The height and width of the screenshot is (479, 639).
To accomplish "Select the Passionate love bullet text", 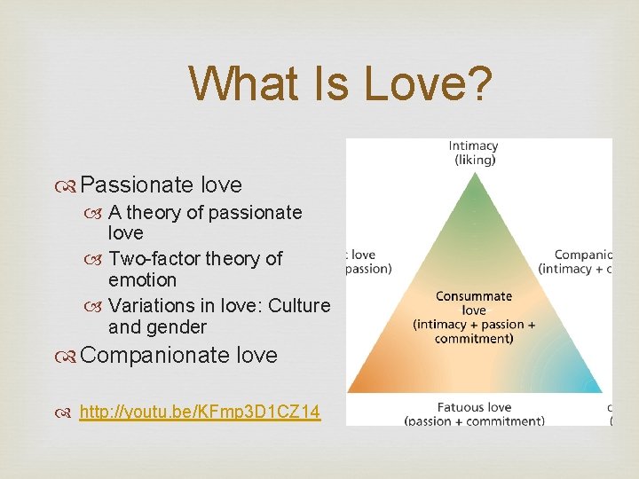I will pos(161,185).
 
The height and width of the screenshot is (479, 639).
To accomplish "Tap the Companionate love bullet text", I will pos(178,355).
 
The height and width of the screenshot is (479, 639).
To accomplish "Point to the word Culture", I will pos(299,305).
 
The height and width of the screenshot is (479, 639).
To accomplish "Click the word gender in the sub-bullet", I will pos(177,327).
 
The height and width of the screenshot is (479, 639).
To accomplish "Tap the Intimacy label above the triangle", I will pos(473,146).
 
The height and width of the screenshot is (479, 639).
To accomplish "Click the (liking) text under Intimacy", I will pos(473,161).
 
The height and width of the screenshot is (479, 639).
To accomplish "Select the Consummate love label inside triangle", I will pos(474,303).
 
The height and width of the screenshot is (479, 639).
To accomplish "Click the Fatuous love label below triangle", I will pos(474,407).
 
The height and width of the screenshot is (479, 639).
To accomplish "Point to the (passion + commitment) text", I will pos(474,421).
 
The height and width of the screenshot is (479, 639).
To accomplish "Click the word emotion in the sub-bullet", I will pos(142,280).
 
